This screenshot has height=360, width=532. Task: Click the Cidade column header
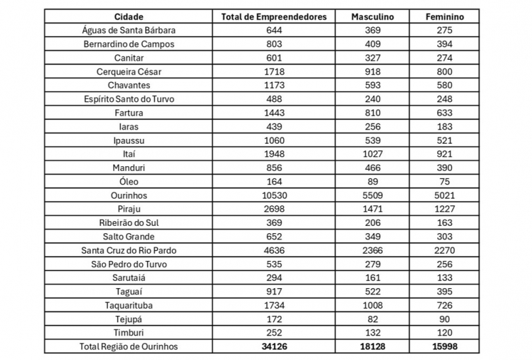[129, 16]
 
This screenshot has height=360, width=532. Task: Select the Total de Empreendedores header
[274, 16]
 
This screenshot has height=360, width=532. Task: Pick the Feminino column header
[445, 16]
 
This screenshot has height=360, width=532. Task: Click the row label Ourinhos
[129, 195]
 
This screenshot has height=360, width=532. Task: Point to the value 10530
[274, 195]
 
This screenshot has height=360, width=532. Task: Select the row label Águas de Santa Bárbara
[129, 30]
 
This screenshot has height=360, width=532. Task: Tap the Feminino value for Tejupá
[445, 319]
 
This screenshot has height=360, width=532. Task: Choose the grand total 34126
[274, 346]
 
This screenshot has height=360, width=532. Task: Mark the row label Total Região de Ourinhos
[129, 346]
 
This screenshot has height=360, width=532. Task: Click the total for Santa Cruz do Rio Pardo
[274, 250]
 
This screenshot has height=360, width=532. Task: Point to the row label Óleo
[129, 181]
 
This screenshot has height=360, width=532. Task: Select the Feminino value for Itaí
[445, 154]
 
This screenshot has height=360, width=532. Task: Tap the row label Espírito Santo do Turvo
[129, 99]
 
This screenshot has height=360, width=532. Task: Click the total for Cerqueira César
[274, 71]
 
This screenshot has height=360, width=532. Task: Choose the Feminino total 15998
[445, 346]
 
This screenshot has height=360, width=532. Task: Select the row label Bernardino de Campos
[129, 44]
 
